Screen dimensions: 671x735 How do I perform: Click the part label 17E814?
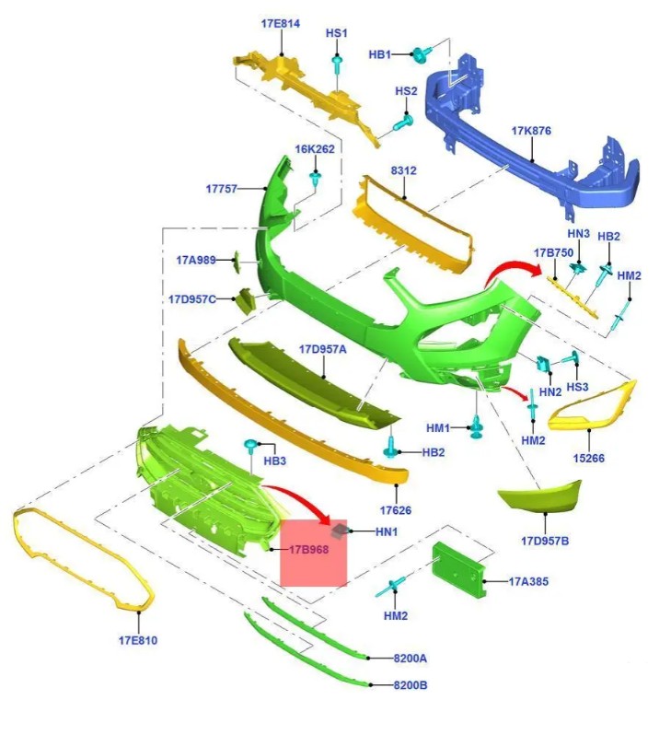(x=280, y=23)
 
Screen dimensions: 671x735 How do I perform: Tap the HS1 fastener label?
(x=337, y=33)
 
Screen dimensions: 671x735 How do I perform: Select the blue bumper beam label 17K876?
(x=531, y=131)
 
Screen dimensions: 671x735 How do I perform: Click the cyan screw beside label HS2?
(x=403, y=123)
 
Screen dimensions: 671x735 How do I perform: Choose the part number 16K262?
(x=315, y=149)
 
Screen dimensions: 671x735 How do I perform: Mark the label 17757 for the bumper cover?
(x=221, y=189)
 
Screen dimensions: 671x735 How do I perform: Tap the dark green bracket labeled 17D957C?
(x=247, y=300)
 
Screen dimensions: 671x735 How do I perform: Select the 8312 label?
(x=403, y=170)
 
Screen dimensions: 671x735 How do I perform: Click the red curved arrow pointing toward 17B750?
(x=512, y=270)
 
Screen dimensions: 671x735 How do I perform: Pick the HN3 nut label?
(x=578, y=233)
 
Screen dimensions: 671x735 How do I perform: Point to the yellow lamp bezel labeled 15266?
(x=592, y=407)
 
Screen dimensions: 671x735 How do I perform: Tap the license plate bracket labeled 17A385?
(x=457, y=569)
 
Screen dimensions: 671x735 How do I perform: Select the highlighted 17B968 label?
(x=308, y=549)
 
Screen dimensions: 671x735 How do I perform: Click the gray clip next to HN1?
(x=340, y=531)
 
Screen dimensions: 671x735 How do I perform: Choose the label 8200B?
(x=410, y=685)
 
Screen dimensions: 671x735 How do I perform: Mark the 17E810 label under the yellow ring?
(x=138, y=640)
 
